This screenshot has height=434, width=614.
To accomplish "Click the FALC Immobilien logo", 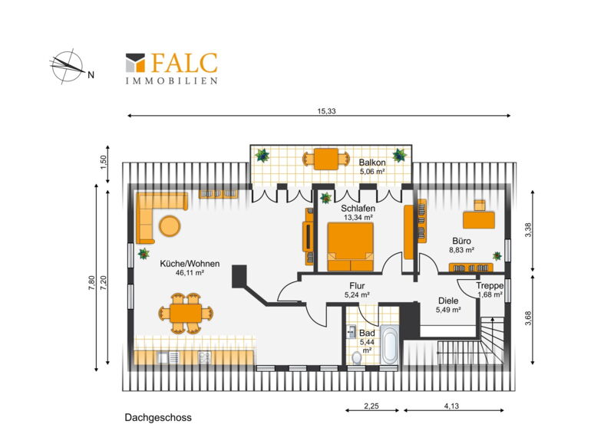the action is [171, 68].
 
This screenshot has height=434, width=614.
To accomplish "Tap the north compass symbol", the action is [68, 66].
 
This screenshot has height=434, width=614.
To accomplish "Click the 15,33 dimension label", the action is [327, 111].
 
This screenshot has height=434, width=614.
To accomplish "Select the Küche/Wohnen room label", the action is [190, 264].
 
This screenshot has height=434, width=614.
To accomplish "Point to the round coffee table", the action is [170, 225].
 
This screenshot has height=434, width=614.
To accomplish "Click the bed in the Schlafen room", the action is [351, 247].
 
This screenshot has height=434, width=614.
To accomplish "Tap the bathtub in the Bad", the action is [390, 344].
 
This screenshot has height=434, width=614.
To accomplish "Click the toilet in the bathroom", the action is [357, 357].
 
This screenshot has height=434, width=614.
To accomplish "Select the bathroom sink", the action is [352, 331].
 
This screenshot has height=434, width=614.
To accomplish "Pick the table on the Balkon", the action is [326, 159].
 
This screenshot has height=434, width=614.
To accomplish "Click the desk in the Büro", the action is [479, 219].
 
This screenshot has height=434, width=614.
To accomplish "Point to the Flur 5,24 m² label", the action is [357, 290].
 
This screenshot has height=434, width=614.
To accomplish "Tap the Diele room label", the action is [448, 301].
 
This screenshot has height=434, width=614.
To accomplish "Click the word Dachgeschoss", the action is [158, 418].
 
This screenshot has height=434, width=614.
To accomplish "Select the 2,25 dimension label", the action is [371, 406].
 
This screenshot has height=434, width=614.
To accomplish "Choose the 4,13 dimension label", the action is [451, 406].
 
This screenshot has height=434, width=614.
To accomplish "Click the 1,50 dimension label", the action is [104, 163].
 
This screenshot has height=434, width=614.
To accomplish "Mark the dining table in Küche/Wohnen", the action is [186, 313].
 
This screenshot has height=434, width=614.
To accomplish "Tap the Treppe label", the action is [490, 286].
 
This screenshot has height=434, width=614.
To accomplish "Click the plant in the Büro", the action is [497, 256].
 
